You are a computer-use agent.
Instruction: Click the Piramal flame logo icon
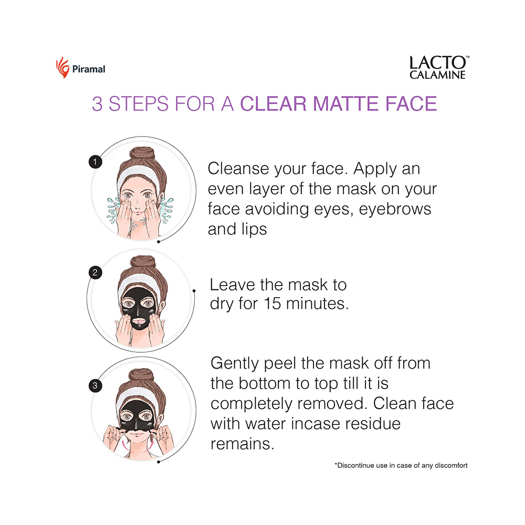62,68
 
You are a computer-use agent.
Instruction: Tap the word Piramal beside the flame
89,69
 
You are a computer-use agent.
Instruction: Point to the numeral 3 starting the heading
97,103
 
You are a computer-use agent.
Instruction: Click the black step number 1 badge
95,162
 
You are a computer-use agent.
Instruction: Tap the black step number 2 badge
95,272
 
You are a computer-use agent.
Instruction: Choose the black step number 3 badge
95,386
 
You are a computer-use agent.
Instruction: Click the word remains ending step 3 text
242,443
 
